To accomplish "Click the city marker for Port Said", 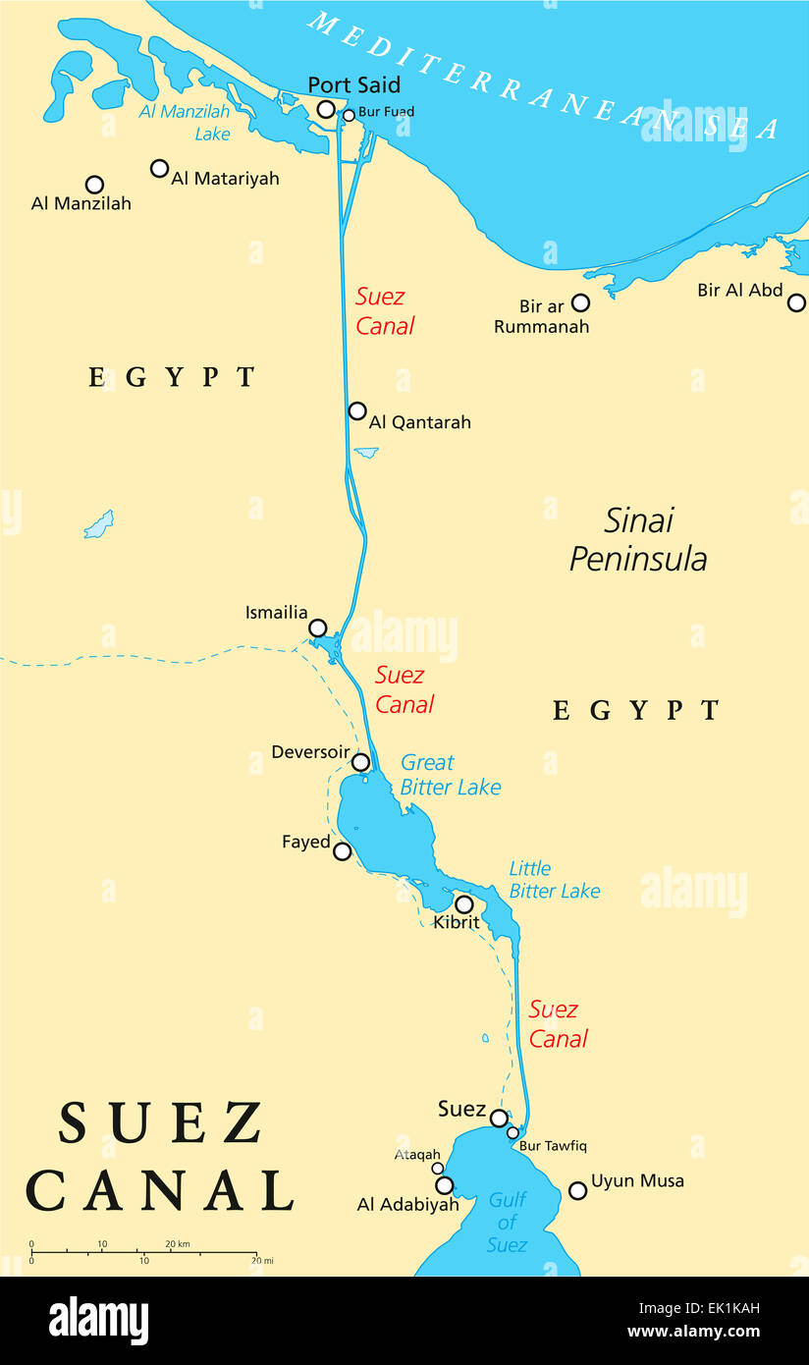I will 326,109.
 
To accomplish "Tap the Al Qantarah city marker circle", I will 357,410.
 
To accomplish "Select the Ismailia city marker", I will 317,628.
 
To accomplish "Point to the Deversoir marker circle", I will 361,762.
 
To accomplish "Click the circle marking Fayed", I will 342,851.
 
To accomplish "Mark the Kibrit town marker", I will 463,904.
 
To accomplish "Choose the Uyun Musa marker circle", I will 578,1190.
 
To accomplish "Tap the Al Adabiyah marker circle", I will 444,1185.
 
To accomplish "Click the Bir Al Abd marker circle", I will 796,302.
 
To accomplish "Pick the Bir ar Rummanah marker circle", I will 580,302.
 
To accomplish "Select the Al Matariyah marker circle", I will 159,168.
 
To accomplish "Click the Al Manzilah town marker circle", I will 94,184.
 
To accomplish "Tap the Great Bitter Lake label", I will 450,775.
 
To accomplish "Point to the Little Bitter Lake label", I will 554,880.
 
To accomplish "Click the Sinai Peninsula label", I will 638,539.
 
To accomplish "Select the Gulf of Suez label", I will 507,1223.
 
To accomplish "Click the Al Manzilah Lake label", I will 185,123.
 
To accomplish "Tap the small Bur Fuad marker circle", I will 349,115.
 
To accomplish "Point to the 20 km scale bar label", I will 177,1244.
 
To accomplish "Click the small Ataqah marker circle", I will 438,1169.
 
